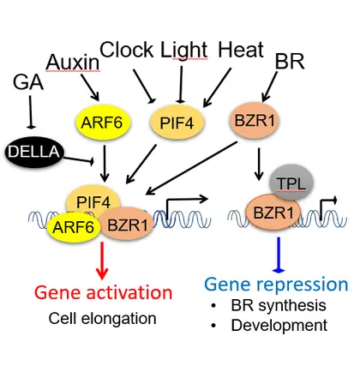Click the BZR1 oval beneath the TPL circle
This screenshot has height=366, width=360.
277,209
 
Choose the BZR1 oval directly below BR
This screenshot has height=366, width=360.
257,122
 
